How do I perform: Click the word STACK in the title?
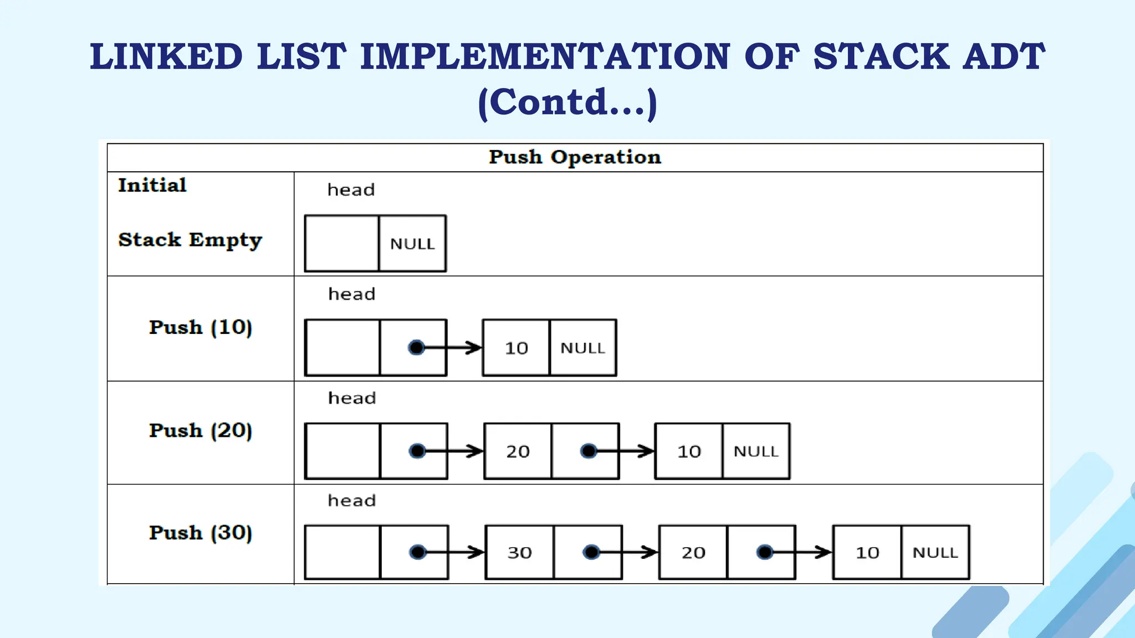point(881,56)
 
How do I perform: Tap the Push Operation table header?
point(575,157)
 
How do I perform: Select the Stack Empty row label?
point(190,240)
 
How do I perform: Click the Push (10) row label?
point(201,327)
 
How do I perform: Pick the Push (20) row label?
point(201,430)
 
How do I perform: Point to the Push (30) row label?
point(201,533)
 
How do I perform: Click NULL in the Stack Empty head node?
point(412,244)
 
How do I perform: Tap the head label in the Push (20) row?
point(352,398)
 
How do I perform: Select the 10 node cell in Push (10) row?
point(517,348)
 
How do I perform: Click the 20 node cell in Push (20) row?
point(518,451)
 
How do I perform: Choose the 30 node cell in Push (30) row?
point(520,553)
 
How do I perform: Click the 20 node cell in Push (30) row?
point(693,553)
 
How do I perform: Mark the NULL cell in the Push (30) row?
point(935,553)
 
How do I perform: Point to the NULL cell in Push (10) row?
point(582,348)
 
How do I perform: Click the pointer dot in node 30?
point(591,552)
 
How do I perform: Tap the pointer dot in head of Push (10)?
point(416,347)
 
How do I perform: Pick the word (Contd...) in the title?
point(567,102)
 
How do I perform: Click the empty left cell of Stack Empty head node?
point(342,244)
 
